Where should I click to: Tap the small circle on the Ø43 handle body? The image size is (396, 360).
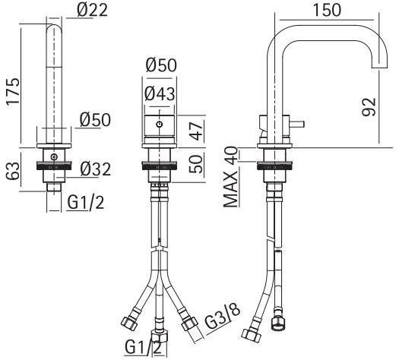click(x=159, y=123)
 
